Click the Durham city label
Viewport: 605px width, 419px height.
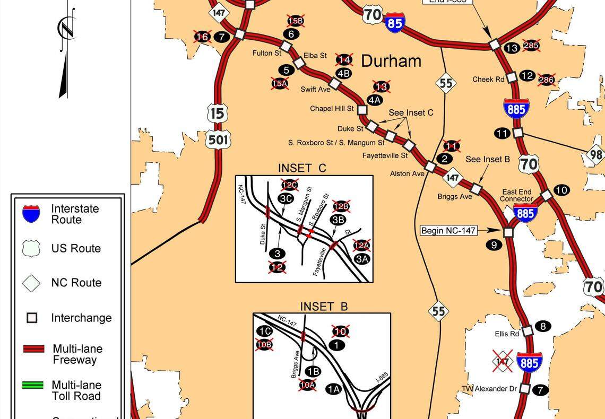point(391,61)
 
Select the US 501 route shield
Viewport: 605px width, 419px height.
point(218,140)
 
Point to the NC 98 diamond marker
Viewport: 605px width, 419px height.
point(596,155)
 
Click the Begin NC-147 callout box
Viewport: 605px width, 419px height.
point(448,231)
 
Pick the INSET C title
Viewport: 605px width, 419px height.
point(302,168)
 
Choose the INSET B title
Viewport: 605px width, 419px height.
point(324,307)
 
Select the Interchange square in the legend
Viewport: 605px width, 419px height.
point(32,318)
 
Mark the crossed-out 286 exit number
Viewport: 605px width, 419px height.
point(546,80)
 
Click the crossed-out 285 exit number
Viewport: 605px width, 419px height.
point(531,45)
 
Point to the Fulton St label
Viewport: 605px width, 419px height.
point(266,53)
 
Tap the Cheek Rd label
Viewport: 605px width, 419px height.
point(488,80)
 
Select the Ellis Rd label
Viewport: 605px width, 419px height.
point(507,334)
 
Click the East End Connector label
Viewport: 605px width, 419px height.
point(516,195)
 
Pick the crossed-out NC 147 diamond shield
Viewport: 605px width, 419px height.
point(502,362)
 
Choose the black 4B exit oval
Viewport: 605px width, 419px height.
point(343,74)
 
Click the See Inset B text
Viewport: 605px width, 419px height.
point(488,159)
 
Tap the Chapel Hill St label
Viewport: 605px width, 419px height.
point(332,109)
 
